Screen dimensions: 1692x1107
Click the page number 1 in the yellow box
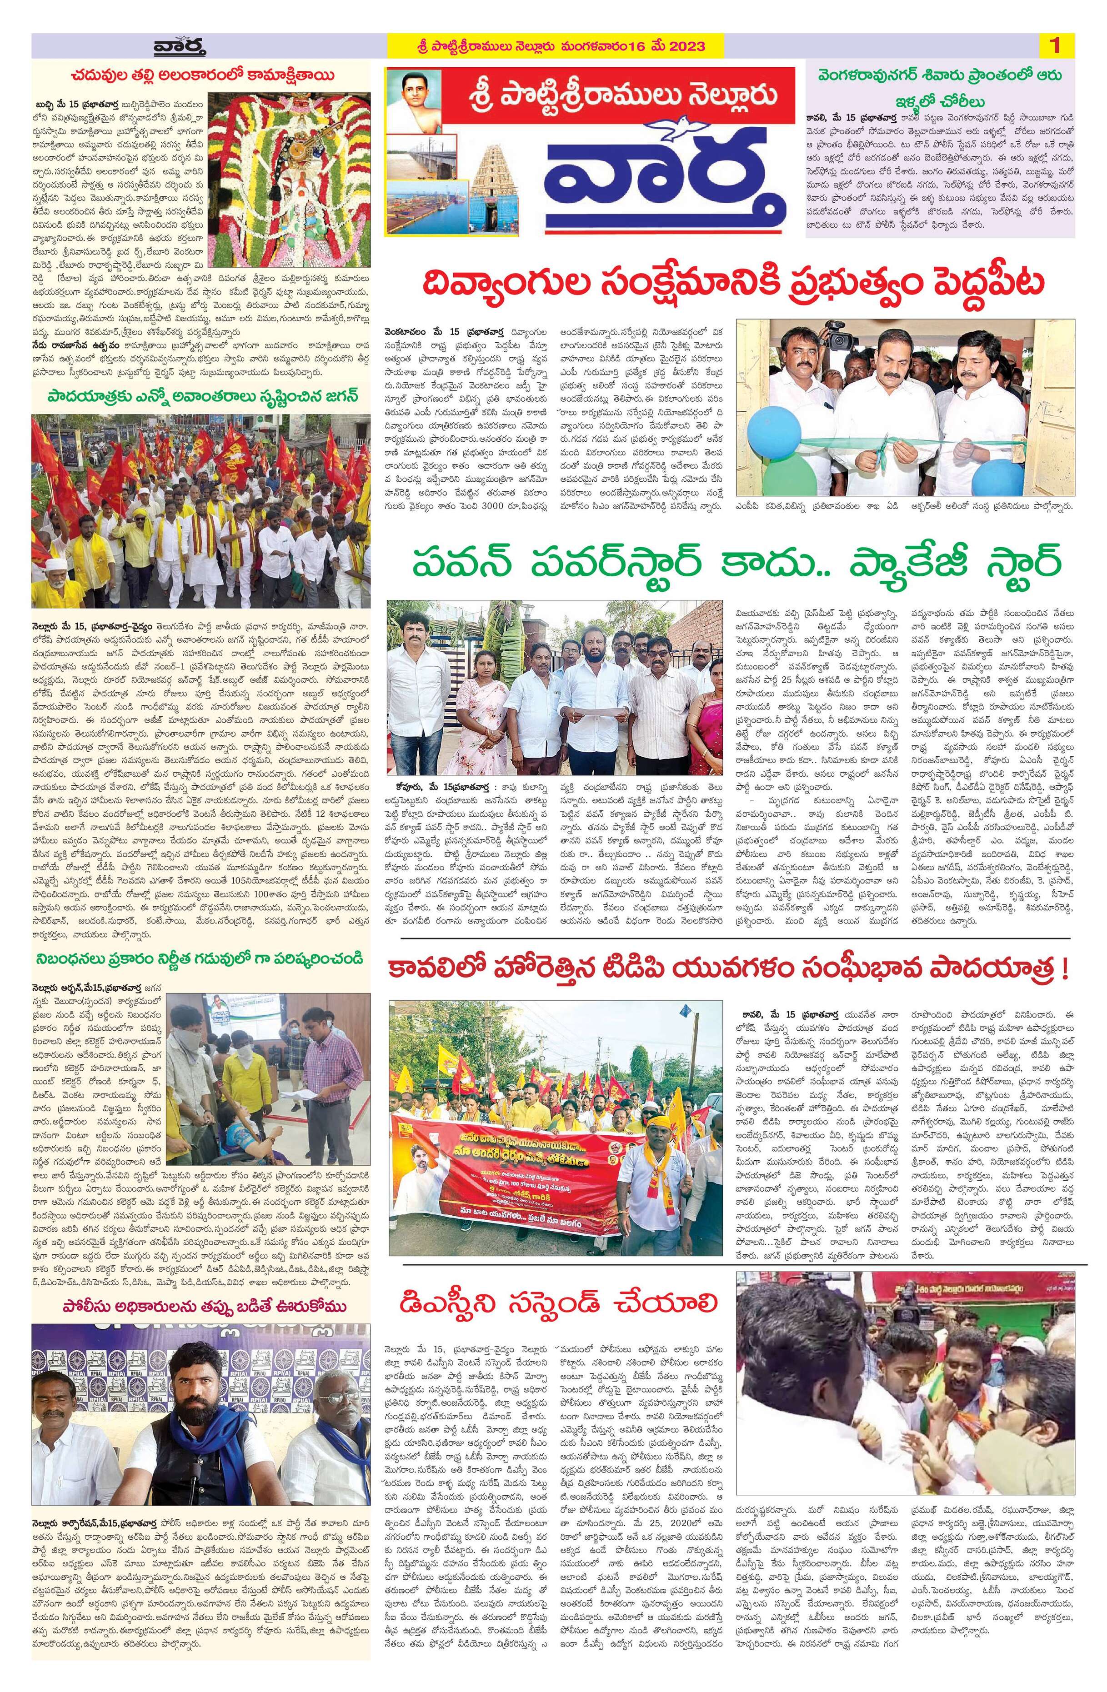(1054, 45)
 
